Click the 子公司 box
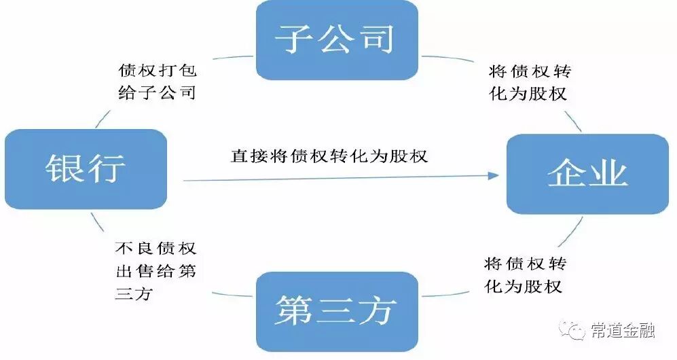(x=337, y=39)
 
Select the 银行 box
(x=86, y=169)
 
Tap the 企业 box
(x=588, y=174)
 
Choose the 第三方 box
(x=336, y=311)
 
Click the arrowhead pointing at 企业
(x=493, y=175)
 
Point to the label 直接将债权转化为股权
(x=329, y=156)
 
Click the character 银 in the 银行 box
(x=63, y=169)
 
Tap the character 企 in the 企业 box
(x=566, y=174)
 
